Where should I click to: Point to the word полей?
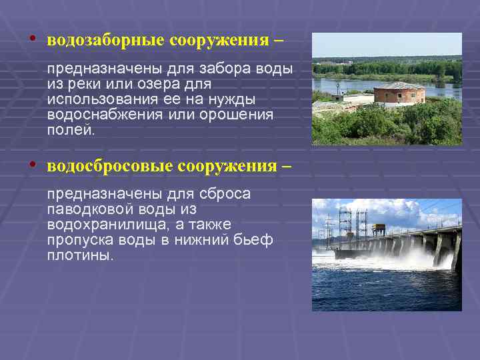tap(71, 129)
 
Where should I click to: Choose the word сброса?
tap(226, 194)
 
